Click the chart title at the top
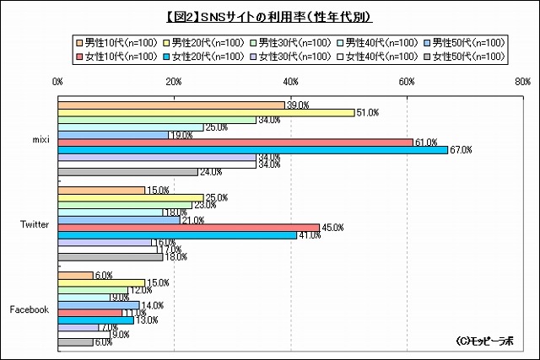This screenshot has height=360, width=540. coord(270,16)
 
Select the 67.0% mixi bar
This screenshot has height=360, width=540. coord(252,150)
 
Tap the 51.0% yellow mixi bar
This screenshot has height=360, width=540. coord(206,112)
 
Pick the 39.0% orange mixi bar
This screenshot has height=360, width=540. coord(171,105)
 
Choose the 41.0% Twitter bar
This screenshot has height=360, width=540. coord(176,235)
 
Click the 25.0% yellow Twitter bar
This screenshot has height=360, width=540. coord(130,197)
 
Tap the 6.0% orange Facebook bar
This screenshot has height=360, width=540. coord(75,275)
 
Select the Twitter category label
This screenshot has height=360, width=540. coord(34,225)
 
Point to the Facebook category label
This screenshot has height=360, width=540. coord(30,309)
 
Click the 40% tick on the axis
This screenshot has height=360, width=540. coord(290,82)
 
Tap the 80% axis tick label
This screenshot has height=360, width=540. coord(522,82)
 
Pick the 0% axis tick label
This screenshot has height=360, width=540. coord(57,82)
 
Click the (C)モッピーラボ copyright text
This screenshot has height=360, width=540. coord(484,341)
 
